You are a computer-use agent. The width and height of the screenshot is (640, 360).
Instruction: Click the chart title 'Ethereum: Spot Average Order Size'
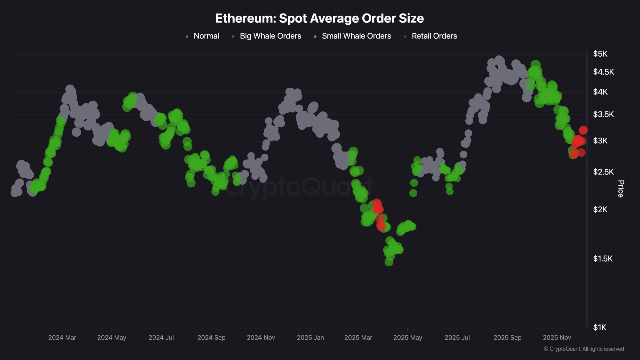click(319, 18)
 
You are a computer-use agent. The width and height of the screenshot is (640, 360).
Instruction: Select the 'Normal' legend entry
click(206, 36)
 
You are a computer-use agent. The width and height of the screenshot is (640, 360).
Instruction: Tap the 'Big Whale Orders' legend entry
click(270, 36)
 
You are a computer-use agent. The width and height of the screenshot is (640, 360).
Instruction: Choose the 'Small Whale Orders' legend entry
click(356, 36)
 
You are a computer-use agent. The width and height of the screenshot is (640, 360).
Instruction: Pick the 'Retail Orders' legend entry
click(434, 36)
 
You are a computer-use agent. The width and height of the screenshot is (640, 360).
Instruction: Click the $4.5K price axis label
click(603, 72)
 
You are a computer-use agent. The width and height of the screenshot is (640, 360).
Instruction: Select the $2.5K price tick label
click(603, 172)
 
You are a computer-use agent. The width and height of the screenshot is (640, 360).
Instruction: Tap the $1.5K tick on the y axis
click(603, 258)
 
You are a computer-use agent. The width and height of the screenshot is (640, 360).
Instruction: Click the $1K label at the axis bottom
click(600, 327)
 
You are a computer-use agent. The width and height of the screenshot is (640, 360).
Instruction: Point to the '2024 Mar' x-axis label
click(62, 338)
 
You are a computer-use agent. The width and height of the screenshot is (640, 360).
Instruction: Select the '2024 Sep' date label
click(211, 338)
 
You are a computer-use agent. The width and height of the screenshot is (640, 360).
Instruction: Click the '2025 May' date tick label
click(408, 338)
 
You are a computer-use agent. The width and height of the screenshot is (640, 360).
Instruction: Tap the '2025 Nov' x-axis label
click(557, 338)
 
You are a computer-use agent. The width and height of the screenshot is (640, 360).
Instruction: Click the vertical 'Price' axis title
click(621, 189)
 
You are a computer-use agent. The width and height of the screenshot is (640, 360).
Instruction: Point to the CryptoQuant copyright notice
click(583, 349)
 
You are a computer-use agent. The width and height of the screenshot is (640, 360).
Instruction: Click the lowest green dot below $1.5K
click(389, 262)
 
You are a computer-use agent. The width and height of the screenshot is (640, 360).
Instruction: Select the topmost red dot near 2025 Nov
click(583, 130)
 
